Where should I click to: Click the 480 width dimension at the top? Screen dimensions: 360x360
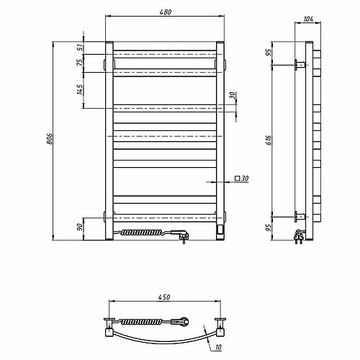tap(166, 12)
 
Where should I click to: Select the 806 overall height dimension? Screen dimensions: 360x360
tap(49, 139)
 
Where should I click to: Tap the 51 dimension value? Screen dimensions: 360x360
tap(81, 48)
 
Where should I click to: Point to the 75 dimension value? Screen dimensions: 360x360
tap(81, 62)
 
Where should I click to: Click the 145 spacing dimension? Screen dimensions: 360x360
tap(81, 89)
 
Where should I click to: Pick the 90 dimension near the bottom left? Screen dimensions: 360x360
tap(81, 227)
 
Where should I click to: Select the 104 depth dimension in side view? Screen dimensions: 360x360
tap(308, 19)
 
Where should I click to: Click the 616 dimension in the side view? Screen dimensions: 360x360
tap(269, 140)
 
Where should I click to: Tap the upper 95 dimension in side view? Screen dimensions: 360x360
tap(269, 52)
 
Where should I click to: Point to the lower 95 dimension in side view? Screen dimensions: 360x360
tap(269, 228)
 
